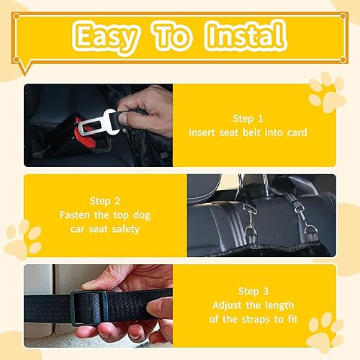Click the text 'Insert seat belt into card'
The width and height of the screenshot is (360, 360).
coord(249,132)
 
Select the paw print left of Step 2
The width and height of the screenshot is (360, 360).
coord(24,240)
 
